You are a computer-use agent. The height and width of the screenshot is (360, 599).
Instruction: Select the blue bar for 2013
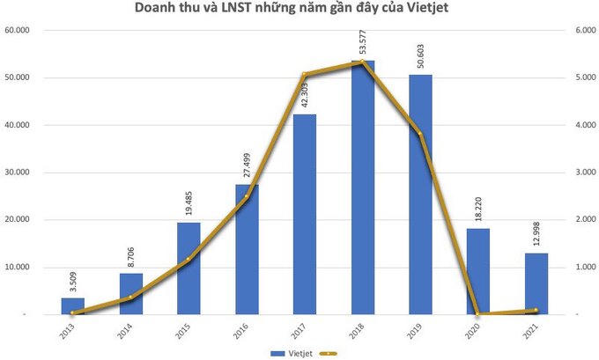(x=73, y=305)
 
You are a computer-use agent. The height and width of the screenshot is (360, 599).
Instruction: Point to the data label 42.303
(x=305, y=95)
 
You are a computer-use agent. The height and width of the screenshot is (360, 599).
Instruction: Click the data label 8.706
(x=131, y=257)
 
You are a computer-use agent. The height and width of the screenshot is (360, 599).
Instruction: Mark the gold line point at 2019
(x=420, y=134)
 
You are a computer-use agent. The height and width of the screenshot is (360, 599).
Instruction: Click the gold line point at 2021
(x=536, y=310)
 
